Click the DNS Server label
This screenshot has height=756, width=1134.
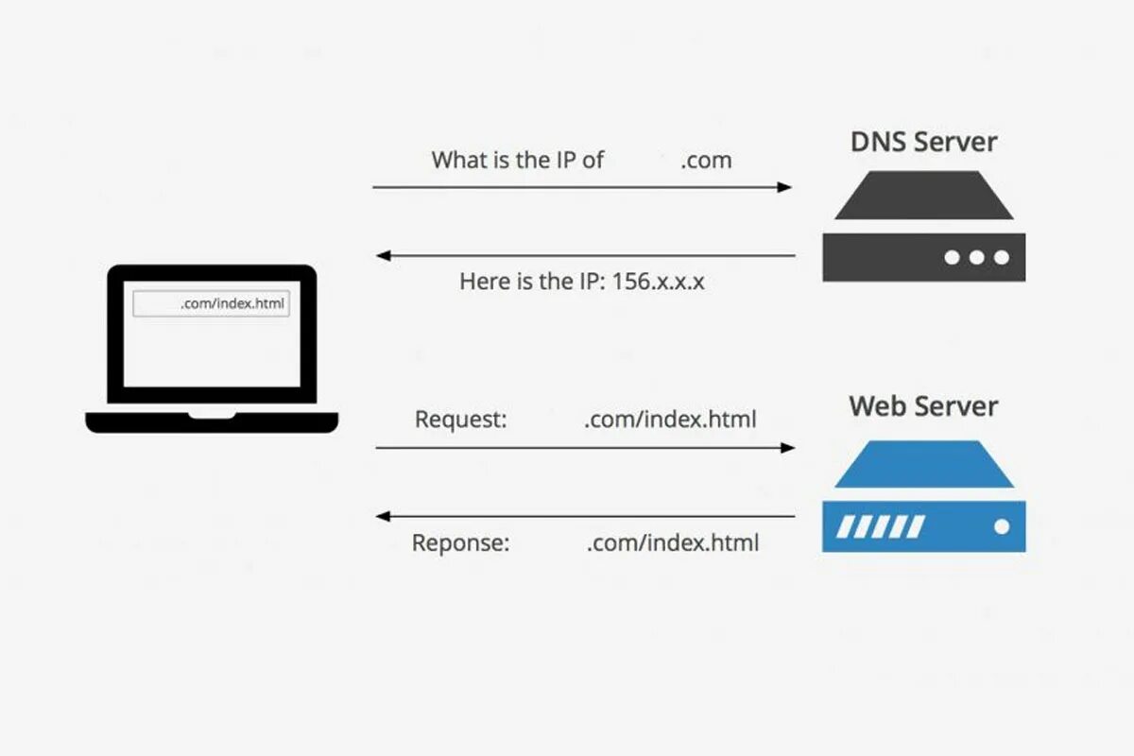coord(923,143)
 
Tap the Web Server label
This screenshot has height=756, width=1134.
coord(923,406)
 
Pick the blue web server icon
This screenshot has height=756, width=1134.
coord(923,496)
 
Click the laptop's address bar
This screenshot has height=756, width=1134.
coord(211,304)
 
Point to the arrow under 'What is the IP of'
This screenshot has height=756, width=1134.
coord(582,187)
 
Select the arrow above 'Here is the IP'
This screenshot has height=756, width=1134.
coord(586,255)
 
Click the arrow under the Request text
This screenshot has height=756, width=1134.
coord(586,447)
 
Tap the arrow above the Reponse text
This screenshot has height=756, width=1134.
coord(586,516)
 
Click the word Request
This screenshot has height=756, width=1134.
coord(461,419)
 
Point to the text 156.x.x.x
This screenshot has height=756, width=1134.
coord(658,282)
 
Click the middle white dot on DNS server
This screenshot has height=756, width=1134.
coord(976,257)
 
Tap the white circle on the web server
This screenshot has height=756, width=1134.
coord(1001,526)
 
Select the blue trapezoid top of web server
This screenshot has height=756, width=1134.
coord(923,465)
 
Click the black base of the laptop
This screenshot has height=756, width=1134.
coord(212,422)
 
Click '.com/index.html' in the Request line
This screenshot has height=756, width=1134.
coord(670,419)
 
